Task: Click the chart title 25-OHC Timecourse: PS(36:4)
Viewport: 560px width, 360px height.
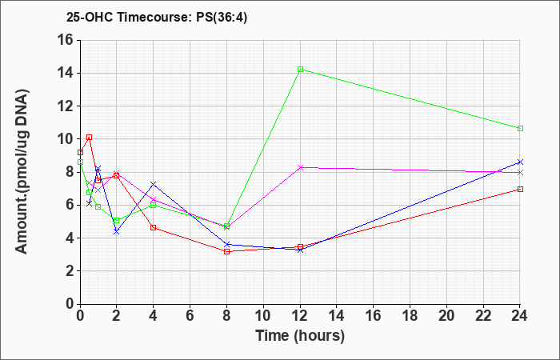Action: coord(157,17)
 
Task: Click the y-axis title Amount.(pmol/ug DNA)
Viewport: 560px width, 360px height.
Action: coord(22,172)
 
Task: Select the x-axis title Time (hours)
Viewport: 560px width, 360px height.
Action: coord(300,336)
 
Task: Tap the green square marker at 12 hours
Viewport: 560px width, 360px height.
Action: coord(300,70)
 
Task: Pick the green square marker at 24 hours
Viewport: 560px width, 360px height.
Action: coord(520,128)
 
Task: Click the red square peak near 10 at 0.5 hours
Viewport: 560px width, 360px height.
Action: coord(90,137)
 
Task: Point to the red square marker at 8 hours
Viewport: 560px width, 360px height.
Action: coord(226,251)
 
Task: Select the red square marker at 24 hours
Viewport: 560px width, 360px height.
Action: coord(520,189)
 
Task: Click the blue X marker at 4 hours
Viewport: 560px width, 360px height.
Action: coord(154,184)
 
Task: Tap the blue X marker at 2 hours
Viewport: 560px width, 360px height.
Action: coord(117,232)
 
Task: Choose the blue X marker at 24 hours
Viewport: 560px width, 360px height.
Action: coord(520,162)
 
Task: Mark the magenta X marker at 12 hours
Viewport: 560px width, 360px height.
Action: coord(300,167)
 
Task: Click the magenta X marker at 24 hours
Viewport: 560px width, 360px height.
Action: coord(520,172)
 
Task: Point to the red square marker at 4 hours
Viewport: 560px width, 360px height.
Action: coord(154,227)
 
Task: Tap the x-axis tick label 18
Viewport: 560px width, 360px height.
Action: coord(410,316)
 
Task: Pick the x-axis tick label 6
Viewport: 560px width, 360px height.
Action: coord(190,316)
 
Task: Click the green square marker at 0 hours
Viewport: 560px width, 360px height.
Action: coord(80,162)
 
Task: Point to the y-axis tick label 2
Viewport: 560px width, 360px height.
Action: coord(70,271)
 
